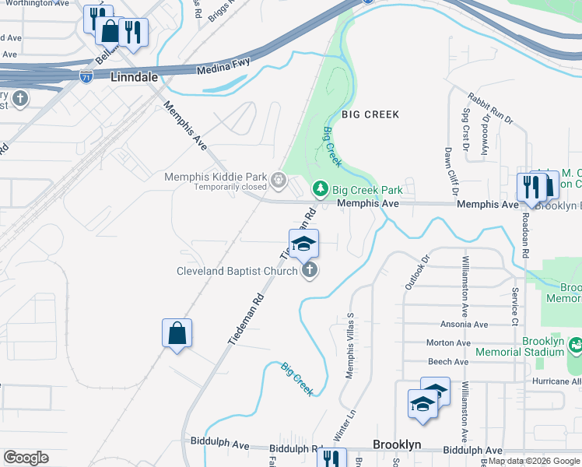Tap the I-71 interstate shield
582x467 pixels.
(86, 76)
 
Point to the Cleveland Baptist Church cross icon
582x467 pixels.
(310, 271)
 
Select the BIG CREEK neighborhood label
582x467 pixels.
(370, 114)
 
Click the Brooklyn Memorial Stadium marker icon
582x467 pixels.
(576, 344)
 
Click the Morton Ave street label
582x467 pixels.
(448, 342)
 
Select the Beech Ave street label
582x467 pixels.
(449, 361)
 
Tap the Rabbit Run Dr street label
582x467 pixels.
(491, 108)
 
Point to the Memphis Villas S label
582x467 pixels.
(349, 346)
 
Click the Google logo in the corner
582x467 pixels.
(26, 458)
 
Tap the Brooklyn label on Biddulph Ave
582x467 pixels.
(397, 444)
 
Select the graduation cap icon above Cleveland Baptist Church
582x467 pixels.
(304, 242)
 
